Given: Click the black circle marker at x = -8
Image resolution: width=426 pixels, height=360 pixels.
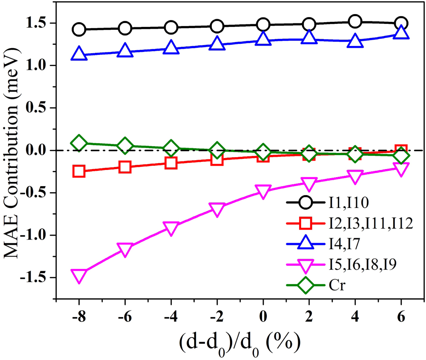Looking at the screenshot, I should pyautogui.click(x=79, y=30).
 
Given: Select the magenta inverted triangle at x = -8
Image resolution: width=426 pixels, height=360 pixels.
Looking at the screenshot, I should pyautogui.click(x=79, y=276).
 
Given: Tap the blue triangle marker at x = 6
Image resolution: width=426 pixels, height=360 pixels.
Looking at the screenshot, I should pyautogui.click(x=401, y=33).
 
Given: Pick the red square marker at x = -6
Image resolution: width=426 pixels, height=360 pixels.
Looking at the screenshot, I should pyautogui.click(x=125, y=167).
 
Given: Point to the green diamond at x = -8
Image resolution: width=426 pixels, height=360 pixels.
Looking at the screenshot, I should pyautogui.click(x=79, y=143).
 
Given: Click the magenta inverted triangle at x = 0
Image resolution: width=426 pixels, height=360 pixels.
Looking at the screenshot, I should pyautogui.click(x=263, y=191).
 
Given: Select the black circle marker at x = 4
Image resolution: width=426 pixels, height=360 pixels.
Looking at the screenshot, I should pyautogui.click(x=355, y=21).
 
